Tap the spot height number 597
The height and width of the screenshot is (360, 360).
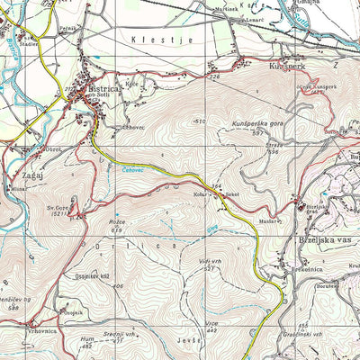tap(257, 133)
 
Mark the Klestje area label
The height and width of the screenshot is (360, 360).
tap(149, 40)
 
